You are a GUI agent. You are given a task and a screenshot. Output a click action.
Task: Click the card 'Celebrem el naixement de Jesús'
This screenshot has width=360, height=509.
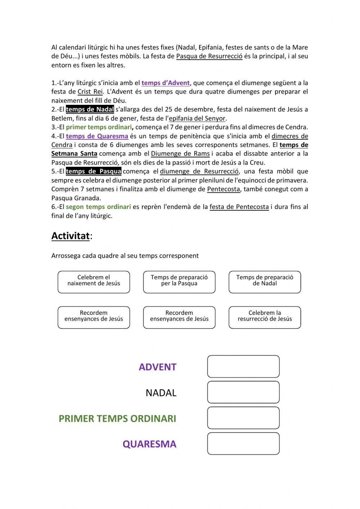94,282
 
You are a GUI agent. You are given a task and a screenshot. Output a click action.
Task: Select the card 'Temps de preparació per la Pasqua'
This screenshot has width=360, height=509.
179,282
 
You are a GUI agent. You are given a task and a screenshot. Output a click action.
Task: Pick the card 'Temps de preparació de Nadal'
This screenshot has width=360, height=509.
265,282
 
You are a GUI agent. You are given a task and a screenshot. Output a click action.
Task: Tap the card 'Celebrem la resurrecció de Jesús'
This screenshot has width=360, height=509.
265,317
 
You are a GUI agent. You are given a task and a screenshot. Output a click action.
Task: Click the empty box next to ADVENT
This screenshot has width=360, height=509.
243,366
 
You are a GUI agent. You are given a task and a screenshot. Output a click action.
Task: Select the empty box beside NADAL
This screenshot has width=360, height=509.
243,392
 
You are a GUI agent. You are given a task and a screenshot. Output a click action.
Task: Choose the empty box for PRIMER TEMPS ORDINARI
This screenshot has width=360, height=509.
243,418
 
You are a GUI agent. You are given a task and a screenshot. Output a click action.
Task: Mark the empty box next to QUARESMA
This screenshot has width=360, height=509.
243,443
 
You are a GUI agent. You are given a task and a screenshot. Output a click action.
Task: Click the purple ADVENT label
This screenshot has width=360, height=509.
157,367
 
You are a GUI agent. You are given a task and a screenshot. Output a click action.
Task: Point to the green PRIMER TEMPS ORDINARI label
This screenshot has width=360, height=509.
117,419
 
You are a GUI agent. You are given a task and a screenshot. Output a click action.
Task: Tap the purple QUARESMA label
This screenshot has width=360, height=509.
149,444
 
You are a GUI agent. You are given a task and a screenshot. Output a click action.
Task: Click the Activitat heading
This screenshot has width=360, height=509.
71,236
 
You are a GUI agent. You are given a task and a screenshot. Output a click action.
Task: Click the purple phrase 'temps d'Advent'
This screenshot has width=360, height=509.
165,83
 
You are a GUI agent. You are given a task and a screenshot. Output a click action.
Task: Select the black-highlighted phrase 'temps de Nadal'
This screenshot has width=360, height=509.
90,110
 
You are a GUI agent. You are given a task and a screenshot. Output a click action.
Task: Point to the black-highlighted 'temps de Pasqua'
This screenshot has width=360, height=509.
93,171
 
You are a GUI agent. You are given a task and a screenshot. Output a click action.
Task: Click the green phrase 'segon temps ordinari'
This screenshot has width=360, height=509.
98,207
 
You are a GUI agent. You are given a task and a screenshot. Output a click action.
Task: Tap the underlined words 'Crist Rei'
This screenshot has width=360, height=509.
90,92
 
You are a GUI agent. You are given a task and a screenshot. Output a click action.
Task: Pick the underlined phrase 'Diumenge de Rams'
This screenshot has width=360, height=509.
180,154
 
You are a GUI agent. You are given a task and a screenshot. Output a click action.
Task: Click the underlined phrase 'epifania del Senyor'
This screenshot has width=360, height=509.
197,119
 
